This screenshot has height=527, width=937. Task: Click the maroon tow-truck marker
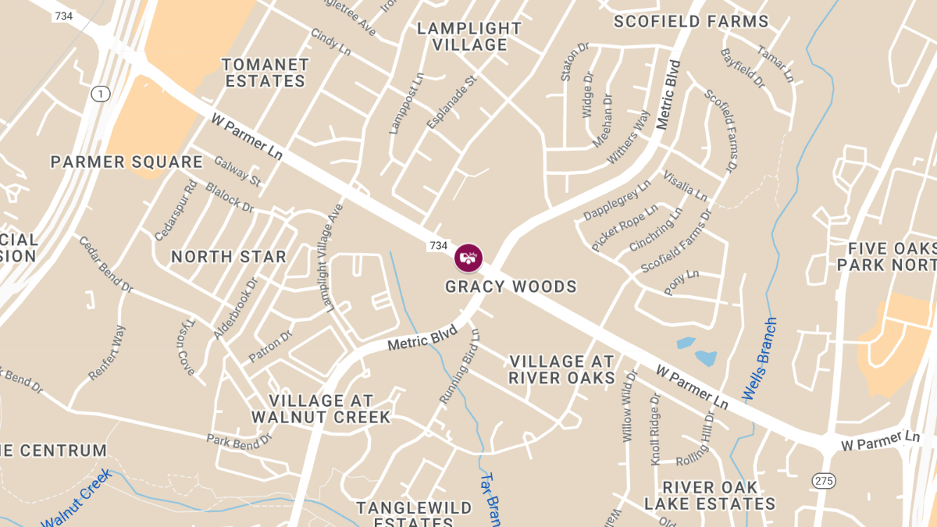coord(468,258)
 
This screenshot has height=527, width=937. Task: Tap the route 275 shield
coord(823,480)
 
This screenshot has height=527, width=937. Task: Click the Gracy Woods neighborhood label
coord(511,287)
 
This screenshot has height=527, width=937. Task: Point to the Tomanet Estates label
coord(265,73)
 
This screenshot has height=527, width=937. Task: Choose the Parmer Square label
coord(126,162)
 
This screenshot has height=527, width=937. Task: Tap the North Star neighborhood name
coord(229,257)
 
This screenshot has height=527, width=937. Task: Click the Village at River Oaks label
coord(561,370)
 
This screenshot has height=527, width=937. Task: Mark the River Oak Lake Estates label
coord(710,496)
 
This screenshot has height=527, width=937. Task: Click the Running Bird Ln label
coord(459,365)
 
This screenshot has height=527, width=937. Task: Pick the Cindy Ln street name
coord(330,41)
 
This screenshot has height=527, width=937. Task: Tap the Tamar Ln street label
coord(775,63)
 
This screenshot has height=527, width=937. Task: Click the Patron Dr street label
coord(270,347)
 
